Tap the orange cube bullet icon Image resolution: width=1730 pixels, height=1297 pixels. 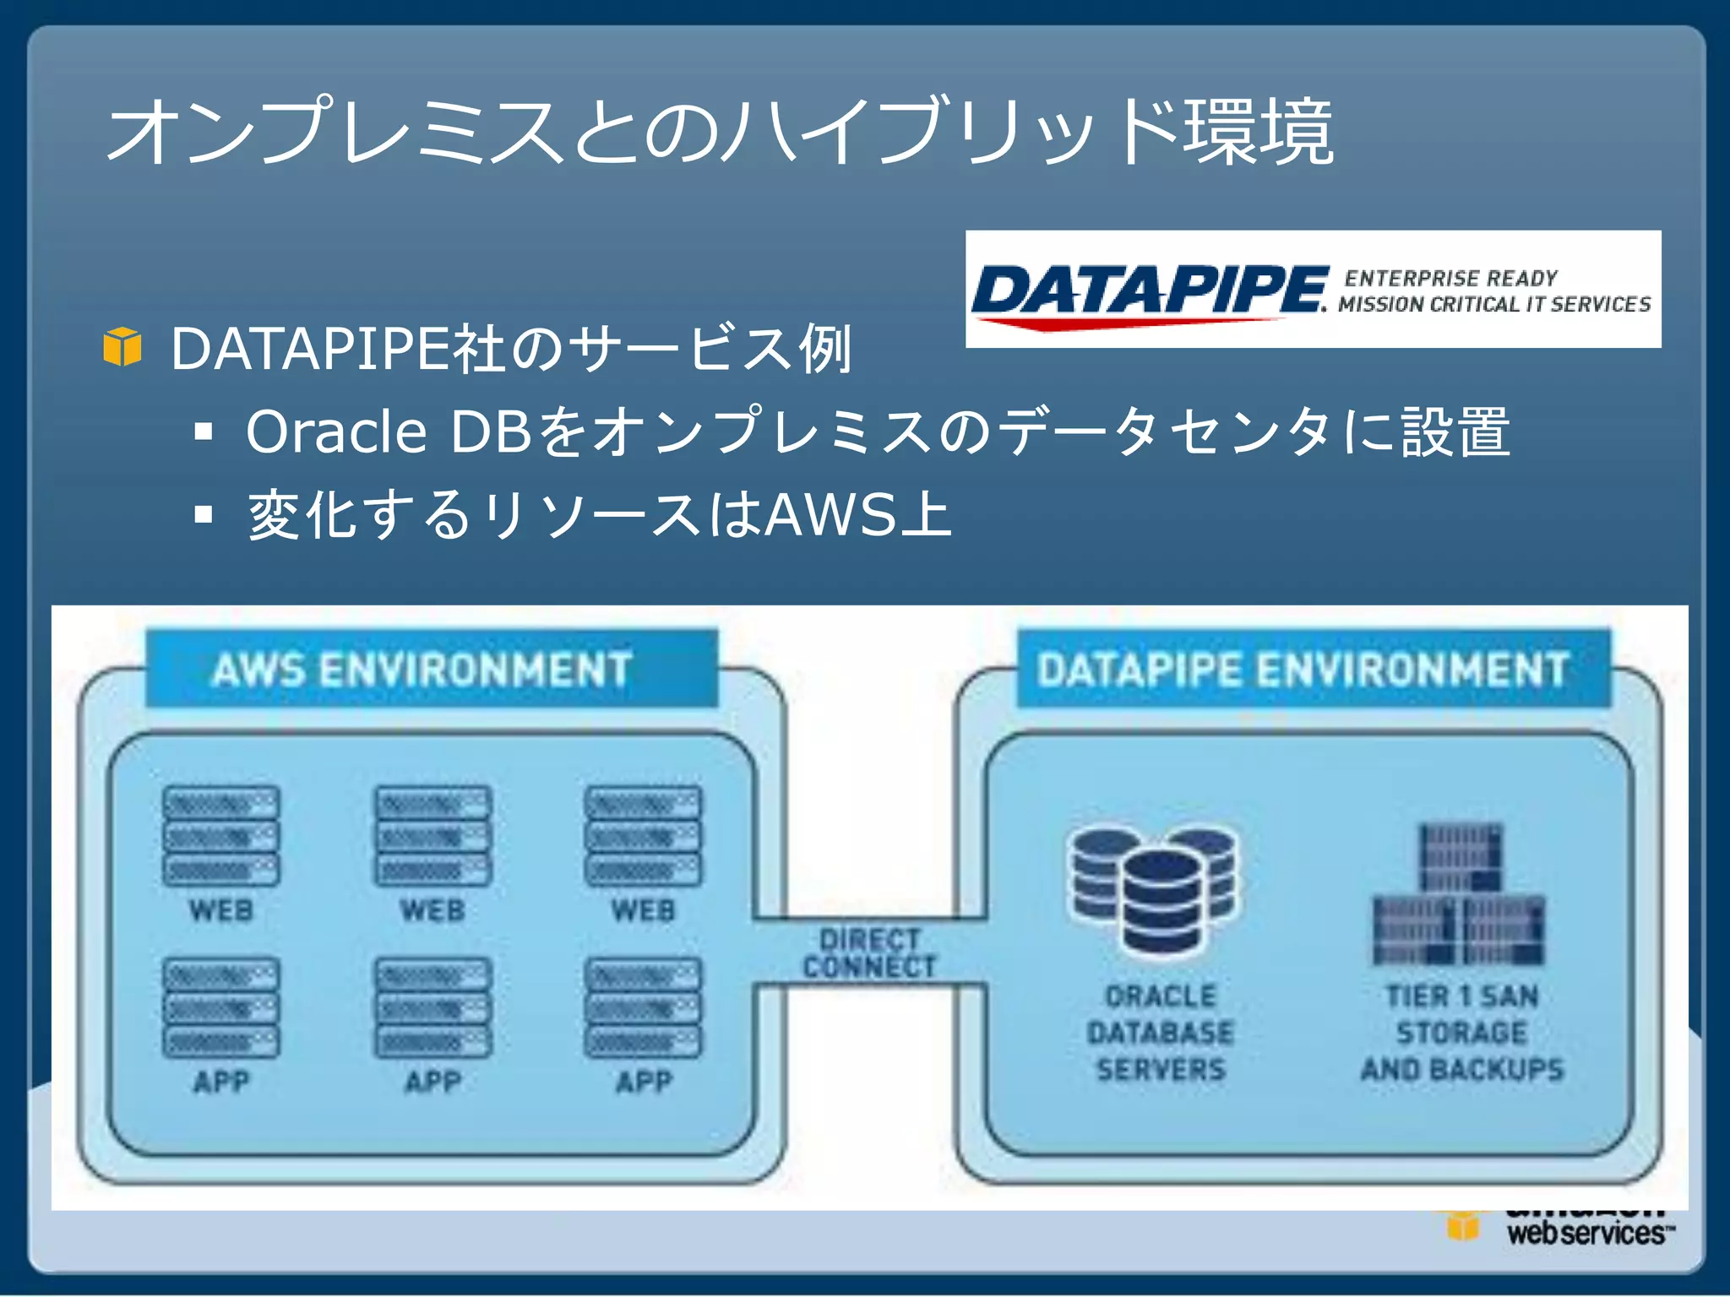[122, 347]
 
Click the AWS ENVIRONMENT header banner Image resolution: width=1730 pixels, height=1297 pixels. [431, 669]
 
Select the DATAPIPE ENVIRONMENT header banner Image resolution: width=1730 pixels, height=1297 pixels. [1313, 669]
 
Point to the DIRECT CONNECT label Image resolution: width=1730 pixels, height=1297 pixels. [870, 952]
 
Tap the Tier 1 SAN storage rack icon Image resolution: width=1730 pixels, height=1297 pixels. [1460, 895]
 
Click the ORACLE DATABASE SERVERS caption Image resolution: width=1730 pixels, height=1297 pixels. [1161, 1033]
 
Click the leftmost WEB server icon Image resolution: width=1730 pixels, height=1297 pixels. [221, 836]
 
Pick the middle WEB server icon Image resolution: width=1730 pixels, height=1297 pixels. [432, 836]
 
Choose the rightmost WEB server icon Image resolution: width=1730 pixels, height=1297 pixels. [644, 836]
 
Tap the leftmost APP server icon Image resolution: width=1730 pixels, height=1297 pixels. [221, 1007]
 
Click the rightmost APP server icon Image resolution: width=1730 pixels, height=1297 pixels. [644, 1007]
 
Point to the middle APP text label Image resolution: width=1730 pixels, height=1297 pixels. [432, 1082]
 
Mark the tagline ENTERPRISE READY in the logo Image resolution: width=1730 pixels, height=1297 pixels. [1451, 278]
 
